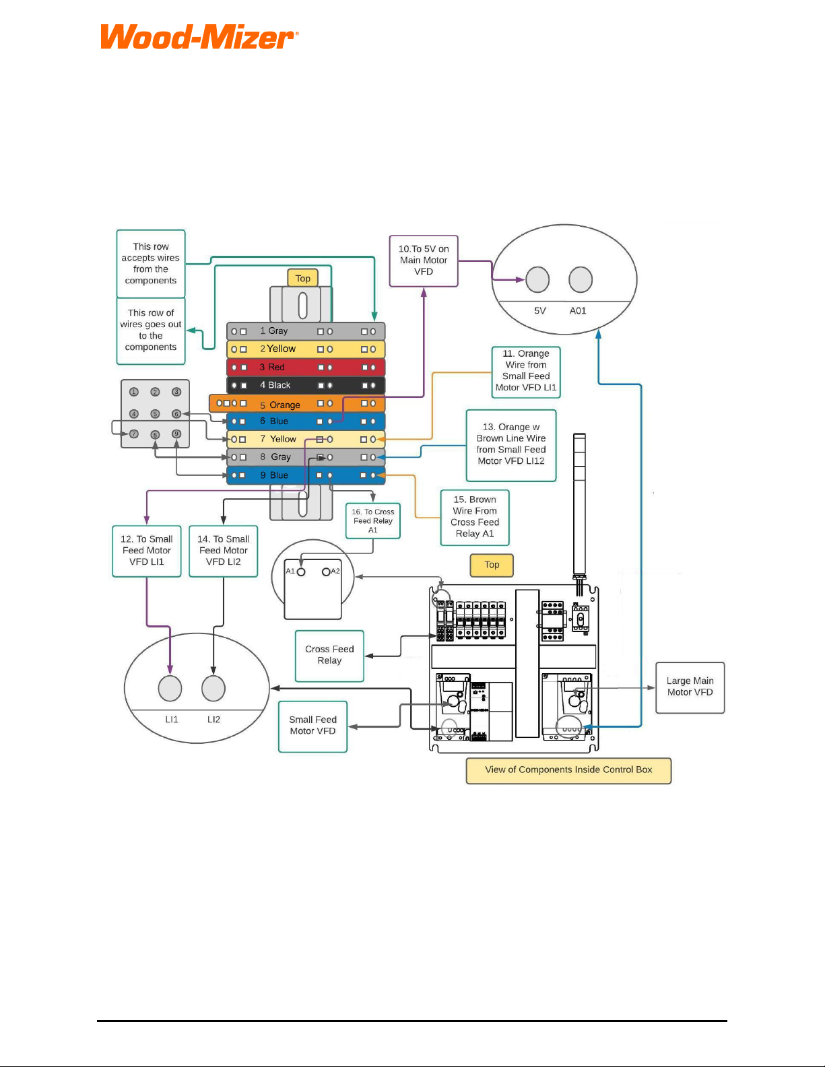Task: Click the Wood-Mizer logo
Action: [x=199, y=37]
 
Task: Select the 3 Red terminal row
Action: [x=306, y=368]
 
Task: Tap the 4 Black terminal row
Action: [x=306, y=386]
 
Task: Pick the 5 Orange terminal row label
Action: [x=280, y=405]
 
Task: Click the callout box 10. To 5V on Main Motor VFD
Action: [x=424, y=261]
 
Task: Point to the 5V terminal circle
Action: [x=537, y=279]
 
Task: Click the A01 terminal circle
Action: [x=581, y=279]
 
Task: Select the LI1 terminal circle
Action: [x=170, y=688]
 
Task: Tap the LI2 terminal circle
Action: [x=213, y=688]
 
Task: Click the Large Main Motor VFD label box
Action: [x=690, y=687]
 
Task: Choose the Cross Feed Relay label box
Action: [x=329, y=656]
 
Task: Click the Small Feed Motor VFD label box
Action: [x=312, y=727]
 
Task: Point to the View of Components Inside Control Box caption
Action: [x=568, y=770]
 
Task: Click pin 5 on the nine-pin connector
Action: [x=155, y=414]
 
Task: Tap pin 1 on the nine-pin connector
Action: [x=133, y=392]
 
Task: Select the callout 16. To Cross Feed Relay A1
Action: [x=372, y=521]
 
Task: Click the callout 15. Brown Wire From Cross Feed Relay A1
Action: [x=475, y=518]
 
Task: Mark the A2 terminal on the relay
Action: [x=326, y=572]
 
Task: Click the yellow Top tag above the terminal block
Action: [x=302, y=278]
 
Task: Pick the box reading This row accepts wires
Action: [x=151, y=264]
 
